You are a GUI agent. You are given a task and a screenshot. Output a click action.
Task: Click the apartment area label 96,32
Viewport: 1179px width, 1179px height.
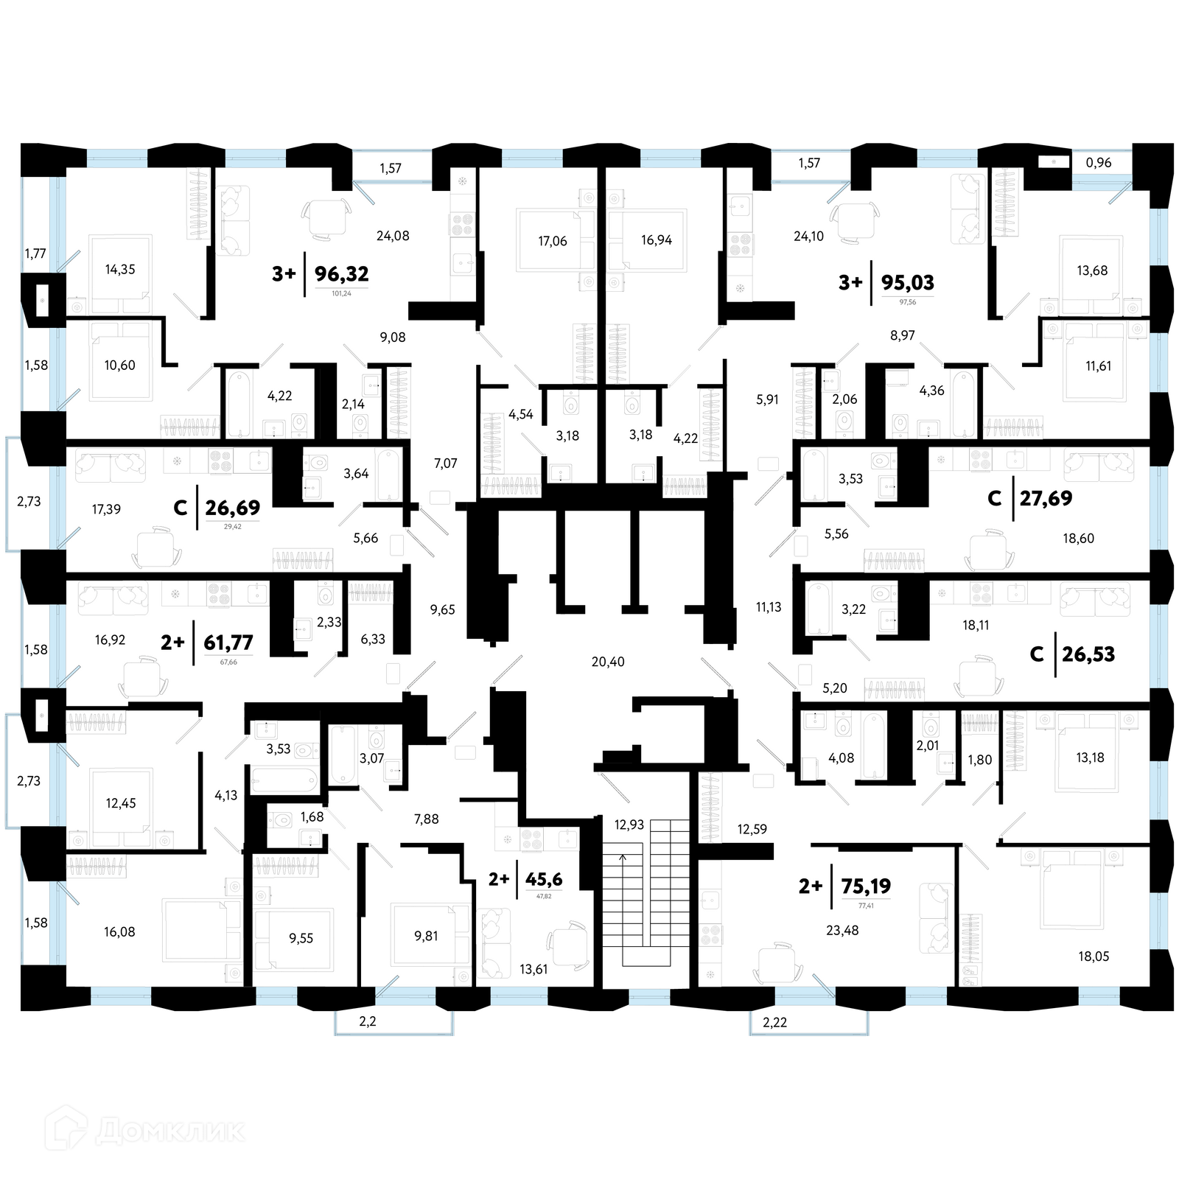341,274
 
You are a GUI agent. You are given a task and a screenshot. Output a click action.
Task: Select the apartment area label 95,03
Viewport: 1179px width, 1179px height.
907,282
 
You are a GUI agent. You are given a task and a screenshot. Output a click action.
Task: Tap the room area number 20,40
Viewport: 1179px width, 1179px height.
607,662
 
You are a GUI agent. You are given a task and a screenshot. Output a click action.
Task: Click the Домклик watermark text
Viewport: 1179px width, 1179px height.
169,1130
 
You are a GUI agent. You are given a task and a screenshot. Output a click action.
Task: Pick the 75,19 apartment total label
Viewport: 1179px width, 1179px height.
866,886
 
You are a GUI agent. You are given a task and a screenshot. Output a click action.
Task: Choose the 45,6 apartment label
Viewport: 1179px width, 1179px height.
543,879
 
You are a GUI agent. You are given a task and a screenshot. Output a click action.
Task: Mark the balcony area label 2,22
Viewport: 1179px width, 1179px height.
774,1022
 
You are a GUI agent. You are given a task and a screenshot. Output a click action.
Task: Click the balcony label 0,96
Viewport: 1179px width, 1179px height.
1098,163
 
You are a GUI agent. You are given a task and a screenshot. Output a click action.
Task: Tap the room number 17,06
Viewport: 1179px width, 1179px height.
553,241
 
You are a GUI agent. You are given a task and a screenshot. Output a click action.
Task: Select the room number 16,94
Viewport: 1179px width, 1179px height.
656,240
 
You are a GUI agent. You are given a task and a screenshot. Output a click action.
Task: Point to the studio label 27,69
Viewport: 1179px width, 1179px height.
1046,498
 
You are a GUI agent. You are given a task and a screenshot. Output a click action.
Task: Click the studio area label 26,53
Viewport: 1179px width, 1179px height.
1088,654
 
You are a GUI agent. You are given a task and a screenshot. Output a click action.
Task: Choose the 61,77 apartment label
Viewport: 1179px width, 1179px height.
228,643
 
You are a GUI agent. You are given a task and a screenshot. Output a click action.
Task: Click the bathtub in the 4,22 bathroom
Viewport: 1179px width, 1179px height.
238,404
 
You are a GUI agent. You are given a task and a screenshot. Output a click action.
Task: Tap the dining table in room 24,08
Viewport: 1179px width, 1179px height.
325,219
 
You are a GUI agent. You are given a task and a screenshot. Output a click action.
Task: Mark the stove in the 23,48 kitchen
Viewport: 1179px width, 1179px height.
710,935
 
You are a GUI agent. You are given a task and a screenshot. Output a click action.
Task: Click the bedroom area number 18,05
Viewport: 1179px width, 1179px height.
1093,956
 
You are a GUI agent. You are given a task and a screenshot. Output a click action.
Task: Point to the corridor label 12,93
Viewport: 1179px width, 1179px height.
629,825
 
